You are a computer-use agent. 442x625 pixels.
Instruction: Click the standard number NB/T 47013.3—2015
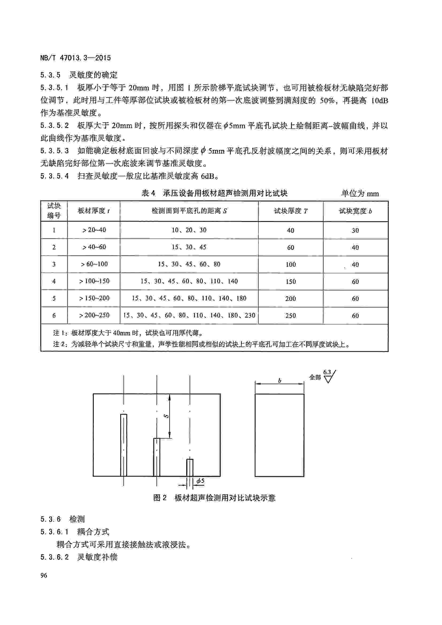pyautogui.click(x=75, y=58)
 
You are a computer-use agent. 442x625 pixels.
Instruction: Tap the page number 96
pyautogui.click(x=44, y=575)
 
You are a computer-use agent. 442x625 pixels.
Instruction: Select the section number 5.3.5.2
pyautogui.click(x=55, y=126)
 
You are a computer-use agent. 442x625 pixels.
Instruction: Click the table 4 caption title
pyautogui.click(x=214, y=193)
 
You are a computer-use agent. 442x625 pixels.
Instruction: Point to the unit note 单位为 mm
pyautogui.click(x=360, y=193)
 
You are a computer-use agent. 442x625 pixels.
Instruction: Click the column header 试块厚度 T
pyautogui.click(x=290, y=211)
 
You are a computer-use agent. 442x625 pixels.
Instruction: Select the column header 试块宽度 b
pyautogui.click(x=355, y=211)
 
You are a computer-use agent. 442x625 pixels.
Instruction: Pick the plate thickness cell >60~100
pyautogui.click(x=94, y=264)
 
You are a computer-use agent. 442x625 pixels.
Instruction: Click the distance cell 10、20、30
pyautogui.click(x=189, y=230)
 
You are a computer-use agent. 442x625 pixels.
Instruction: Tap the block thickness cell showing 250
pyautogui.click(x=290, y=316)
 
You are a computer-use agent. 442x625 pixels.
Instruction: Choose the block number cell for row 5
pyautogui.click(x=54, y=298)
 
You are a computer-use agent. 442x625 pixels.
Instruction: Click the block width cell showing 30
pyautogui.click(x=355, y=230)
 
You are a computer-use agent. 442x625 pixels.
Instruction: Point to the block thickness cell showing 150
pyautogui.click(x=290, y=281)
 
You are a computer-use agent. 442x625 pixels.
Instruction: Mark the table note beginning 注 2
pyautogui.click(x=201, y=344)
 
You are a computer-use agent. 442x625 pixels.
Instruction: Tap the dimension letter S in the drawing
pyautogui.click(x=166, y=416)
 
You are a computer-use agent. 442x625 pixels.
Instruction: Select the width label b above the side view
pyautogui.click(x=280, y=381)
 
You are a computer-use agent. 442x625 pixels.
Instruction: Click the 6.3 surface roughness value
pyautogui.click(x=327, y=372)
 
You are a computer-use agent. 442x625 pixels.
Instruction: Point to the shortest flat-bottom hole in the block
pyautogui.click(x=190, y=467)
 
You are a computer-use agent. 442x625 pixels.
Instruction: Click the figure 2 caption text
pyautogui.click(x=214, y=498)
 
